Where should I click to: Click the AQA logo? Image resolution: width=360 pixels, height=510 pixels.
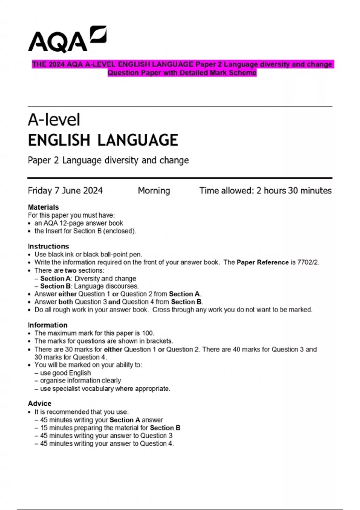pyautogui.click(x=67, y=40)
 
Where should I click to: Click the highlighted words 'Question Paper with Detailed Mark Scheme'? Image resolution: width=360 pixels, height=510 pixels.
pyautogui.click(x=182, y=73)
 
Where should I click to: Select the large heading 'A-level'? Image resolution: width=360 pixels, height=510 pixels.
pyautogui.click(x=54, y=120)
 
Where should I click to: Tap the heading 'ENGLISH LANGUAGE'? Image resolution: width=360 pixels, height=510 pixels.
pyautogui.click(x=103, y=140)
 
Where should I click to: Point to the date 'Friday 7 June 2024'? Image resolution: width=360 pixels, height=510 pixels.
pyautogui.click(x=65, y=190)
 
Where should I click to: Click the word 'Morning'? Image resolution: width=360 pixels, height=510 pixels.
pyautogui.click(x=154, y=190)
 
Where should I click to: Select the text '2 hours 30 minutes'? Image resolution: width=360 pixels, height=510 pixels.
pyautogui.click(x=294, y=190)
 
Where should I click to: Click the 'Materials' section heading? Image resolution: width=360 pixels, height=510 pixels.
pyautogui.click(x=43, y=207)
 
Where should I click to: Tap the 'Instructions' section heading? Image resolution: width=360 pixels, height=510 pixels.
pyautogui.click(x=48, y=246)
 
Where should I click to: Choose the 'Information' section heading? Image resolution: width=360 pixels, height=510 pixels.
pyautogui.click(x=47, y=325)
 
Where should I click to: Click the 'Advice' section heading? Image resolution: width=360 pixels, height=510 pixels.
pyautogui.click(x=40, y=403)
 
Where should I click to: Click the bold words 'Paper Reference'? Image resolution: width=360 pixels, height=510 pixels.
pyautogui.click(x=262, y=262)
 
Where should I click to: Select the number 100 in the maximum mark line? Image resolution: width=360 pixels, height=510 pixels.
pyautogui.click(x=148, y=333)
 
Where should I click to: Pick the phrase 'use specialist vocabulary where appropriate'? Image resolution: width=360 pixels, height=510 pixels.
pyautogui.click(x=105, y=388)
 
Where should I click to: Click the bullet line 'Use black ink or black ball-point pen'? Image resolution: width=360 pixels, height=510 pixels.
pyautogui.click(x=88, y=254)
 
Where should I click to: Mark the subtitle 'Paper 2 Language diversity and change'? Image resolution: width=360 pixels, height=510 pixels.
pyautogui.click(x=108, y=160)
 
